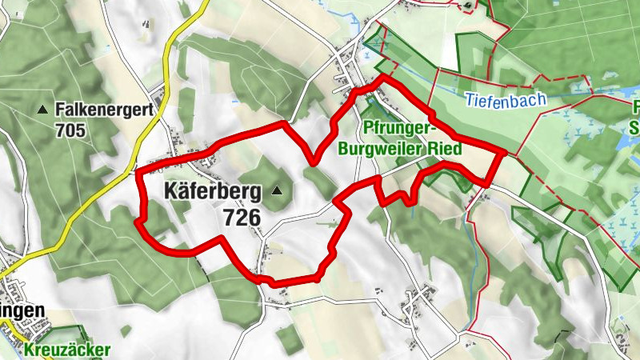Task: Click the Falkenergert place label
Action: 104,109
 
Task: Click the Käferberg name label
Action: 213,191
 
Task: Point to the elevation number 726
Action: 243,217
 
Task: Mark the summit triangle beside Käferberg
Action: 277,191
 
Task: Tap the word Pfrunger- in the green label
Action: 398,129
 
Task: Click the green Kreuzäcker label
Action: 66,350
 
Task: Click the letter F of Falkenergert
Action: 60,109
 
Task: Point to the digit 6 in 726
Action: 255,217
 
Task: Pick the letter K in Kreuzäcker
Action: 29,350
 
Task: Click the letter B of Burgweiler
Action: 344,148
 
